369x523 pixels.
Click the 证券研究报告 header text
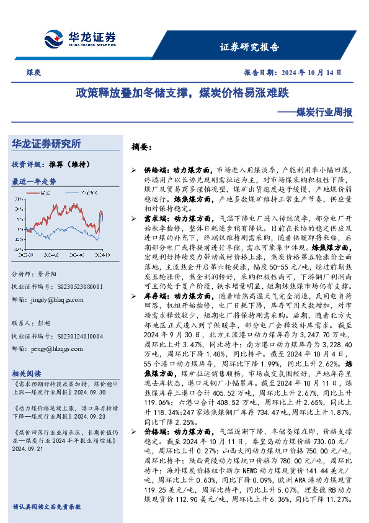coord(250,47)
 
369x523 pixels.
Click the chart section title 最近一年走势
coord(34,181)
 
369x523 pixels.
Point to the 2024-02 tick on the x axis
coord(52,254)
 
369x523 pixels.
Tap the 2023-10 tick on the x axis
coord(27,254)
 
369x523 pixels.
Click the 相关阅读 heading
coord(27,373)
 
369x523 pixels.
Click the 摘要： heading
coord(141,147)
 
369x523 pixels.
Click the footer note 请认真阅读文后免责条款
coord(47,506)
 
